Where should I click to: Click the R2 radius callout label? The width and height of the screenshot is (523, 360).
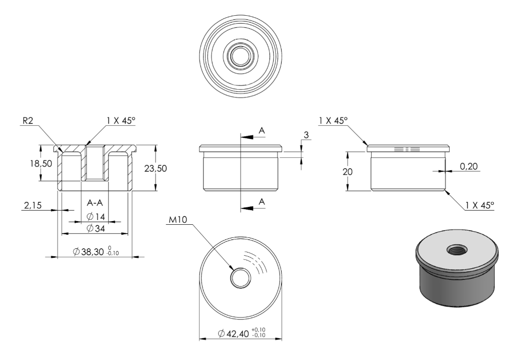tap(28, 121)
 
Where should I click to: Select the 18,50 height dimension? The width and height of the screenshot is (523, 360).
tap(41, 163)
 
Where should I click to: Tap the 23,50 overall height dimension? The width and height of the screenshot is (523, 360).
tap(155, 168)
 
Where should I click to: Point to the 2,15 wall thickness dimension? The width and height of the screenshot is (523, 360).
tap(32, 205)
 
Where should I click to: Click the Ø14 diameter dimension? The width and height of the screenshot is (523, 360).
tap(96, 217)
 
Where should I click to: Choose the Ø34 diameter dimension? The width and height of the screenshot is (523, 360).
tap(96, 228)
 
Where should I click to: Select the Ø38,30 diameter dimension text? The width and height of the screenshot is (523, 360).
tap(96, 252)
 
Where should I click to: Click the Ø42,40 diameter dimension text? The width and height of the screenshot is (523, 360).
tap(242, 333)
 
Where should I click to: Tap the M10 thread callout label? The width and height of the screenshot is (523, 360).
tap(178, 220)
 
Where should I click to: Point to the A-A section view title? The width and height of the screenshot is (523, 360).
tap(95, 203)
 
